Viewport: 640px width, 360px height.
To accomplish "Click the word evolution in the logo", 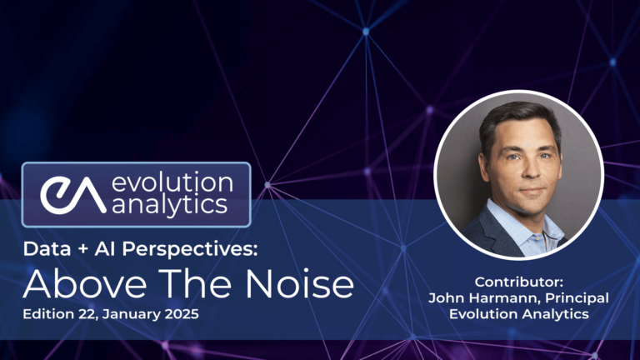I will click(174, 182).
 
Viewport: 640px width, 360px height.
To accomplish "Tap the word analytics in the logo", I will click(170, 206).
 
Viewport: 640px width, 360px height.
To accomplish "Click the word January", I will click(132, 315).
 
